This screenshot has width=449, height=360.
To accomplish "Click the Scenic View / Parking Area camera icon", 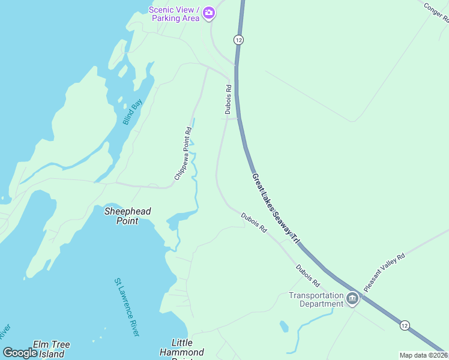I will (x=209, y=13).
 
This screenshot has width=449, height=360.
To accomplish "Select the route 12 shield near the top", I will (x=238, y=40).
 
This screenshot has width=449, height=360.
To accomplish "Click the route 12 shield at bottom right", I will (x=405, y=325).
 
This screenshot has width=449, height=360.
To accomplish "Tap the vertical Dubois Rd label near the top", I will (x=228, y=99).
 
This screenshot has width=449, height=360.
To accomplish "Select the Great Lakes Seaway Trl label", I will (x=276, y=208).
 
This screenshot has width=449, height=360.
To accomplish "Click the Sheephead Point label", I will (x=128, y=216).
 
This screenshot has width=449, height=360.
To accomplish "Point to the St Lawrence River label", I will (x=127, y=307).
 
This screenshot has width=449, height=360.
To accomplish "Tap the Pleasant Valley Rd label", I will (x=384, y=273).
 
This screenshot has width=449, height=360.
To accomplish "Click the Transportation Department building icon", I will (x=352, y=298).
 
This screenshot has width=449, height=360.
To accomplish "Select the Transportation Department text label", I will (x=316, y=299).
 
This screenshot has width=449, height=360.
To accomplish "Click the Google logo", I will (x=20, y=352).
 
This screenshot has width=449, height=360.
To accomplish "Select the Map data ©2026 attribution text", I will (x=423, y=355).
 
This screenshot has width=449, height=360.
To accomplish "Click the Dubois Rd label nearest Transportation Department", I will (x=308, y=275).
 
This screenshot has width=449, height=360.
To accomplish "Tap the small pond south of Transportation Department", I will (x=284, y=326).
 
